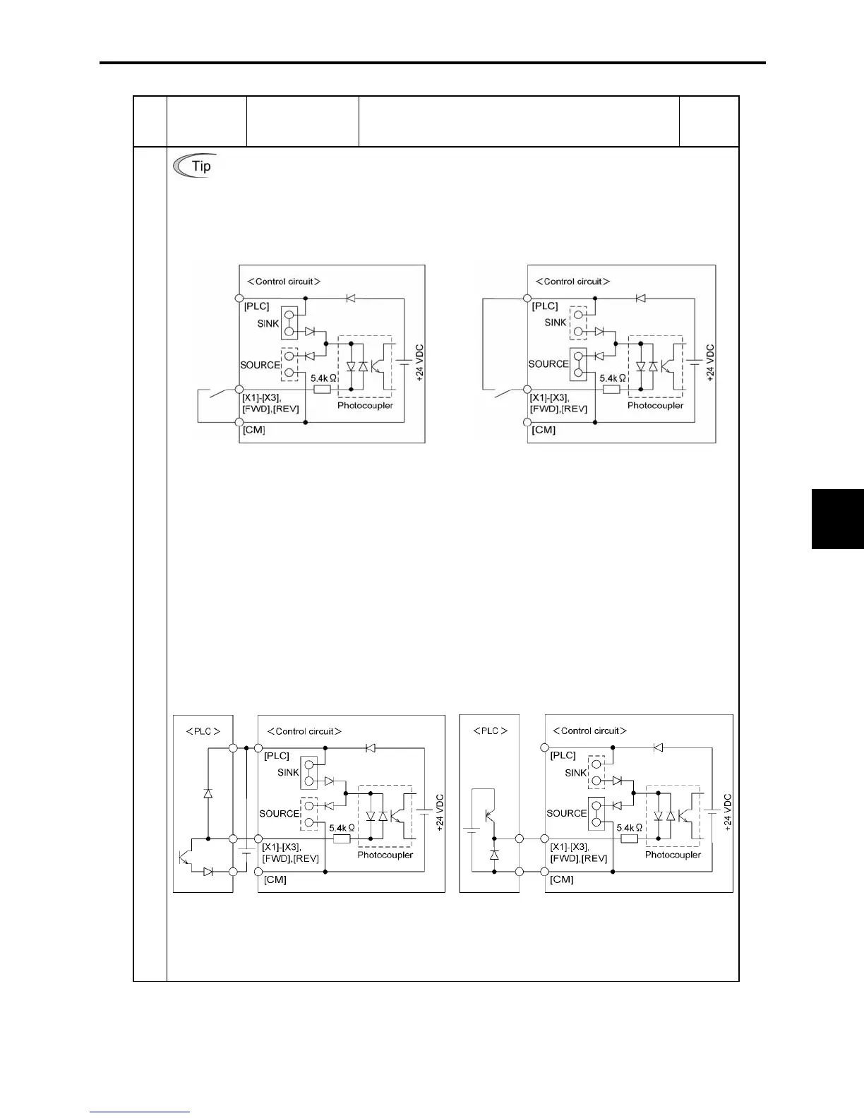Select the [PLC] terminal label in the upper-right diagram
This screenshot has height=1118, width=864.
coord(545,306)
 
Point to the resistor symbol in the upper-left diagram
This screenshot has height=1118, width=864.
coord(322,389)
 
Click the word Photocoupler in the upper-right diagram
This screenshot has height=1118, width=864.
coord(655,405)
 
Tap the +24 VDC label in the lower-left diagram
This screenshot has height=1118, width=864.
coord(440,812)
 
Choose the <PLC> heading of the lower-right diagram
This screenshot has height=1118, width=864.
coord(489,731)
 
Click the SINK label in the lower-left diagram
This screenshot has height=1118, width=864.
coord(288,772)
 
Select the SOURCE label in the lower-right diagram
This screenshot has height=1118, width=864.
coord(567,813)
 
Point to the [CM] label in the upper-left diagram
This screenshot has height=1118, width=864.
coord(254,430)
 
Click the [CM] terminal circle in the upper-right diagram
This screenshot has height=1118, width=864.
coord(527,422)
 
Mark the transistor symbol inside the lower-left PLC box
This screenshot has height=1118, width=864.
coord(186,856)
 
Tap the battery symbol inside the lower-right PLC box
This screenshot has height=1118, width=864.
coord(471,827)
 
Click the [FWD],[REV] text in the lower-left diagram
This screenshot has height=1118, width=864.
coord(290,858)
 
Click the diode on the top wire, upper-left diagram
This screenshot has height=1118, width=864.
coord(351,298)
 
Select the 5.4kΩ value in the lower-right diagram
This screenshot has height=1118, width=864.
coord(629,827)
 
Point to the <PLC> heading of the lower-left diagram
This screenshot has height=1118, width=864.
coord(203,731)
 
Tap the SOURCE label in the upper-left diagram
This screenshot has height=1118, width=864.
coord(260,365)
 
